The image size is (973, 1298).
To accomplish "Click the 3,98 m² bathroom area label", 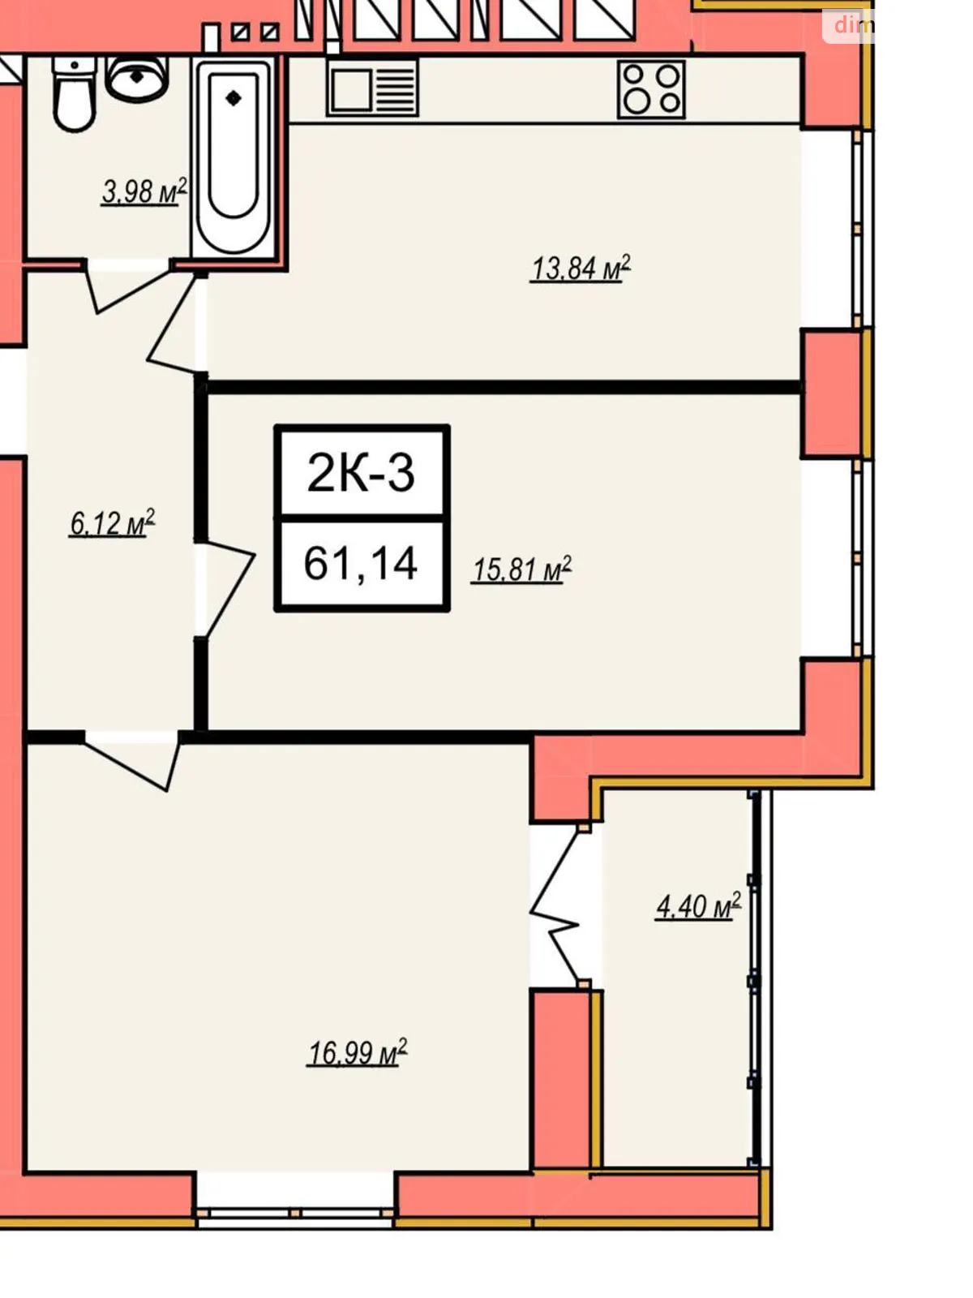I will click(x=144, y=192).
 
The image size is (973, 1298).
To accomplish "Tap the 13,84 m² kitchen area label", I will click(x=580, y=268).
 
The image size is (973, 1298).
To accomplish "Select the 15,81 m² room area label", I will click(x=521, y=569).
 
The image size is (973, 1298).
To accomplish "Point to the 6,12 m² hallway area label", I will click(x=111, y=523).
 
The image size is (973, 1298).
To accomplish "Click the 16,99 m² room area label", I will click(x=356, y=1053).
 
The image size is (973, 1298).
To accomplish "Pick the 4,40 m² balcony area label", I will click(x=697, y=906).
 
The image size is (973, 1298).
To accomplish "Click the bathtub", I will click(x=233, y=154).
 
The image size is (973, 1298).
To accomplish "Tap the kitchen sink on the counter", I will click(x=373, y=88).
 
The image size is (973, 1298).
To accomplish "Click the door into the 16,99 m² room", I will click(x=134, y=759).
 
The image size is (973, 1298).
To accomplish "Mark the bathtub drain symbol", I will click(x=234, y=98).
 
